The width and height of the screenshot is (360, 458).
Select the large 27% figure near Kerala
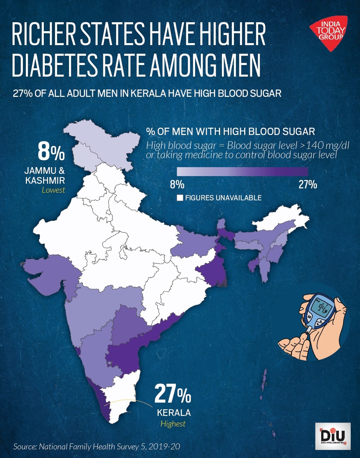[x=173, y=394]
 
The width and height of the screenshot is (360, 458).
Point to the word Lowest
[x=53, y=190]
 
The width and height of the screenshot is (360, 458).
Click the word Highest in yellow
[x=173, y=424]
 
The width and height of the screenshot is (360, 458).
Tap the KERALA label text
[x=174, y=413]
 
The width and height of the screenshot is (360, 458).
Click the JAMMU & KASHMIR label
[x=45, y=176]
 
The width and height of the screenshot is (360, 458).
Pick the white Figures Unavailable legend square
[x=180, y=198]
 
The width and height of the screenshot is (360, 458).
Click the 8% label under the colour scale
[x=177, y=184]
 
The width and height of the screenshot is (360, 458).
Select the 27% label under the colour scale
[x=308, y=184]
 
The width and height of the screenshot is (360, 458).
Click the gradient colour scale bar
[x=242, y=171]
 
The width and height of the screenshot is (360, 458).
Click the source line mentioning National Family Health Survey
[x=97, y=446]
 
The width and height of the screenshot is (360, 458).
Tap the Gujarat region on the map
[x=50, y=275]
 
